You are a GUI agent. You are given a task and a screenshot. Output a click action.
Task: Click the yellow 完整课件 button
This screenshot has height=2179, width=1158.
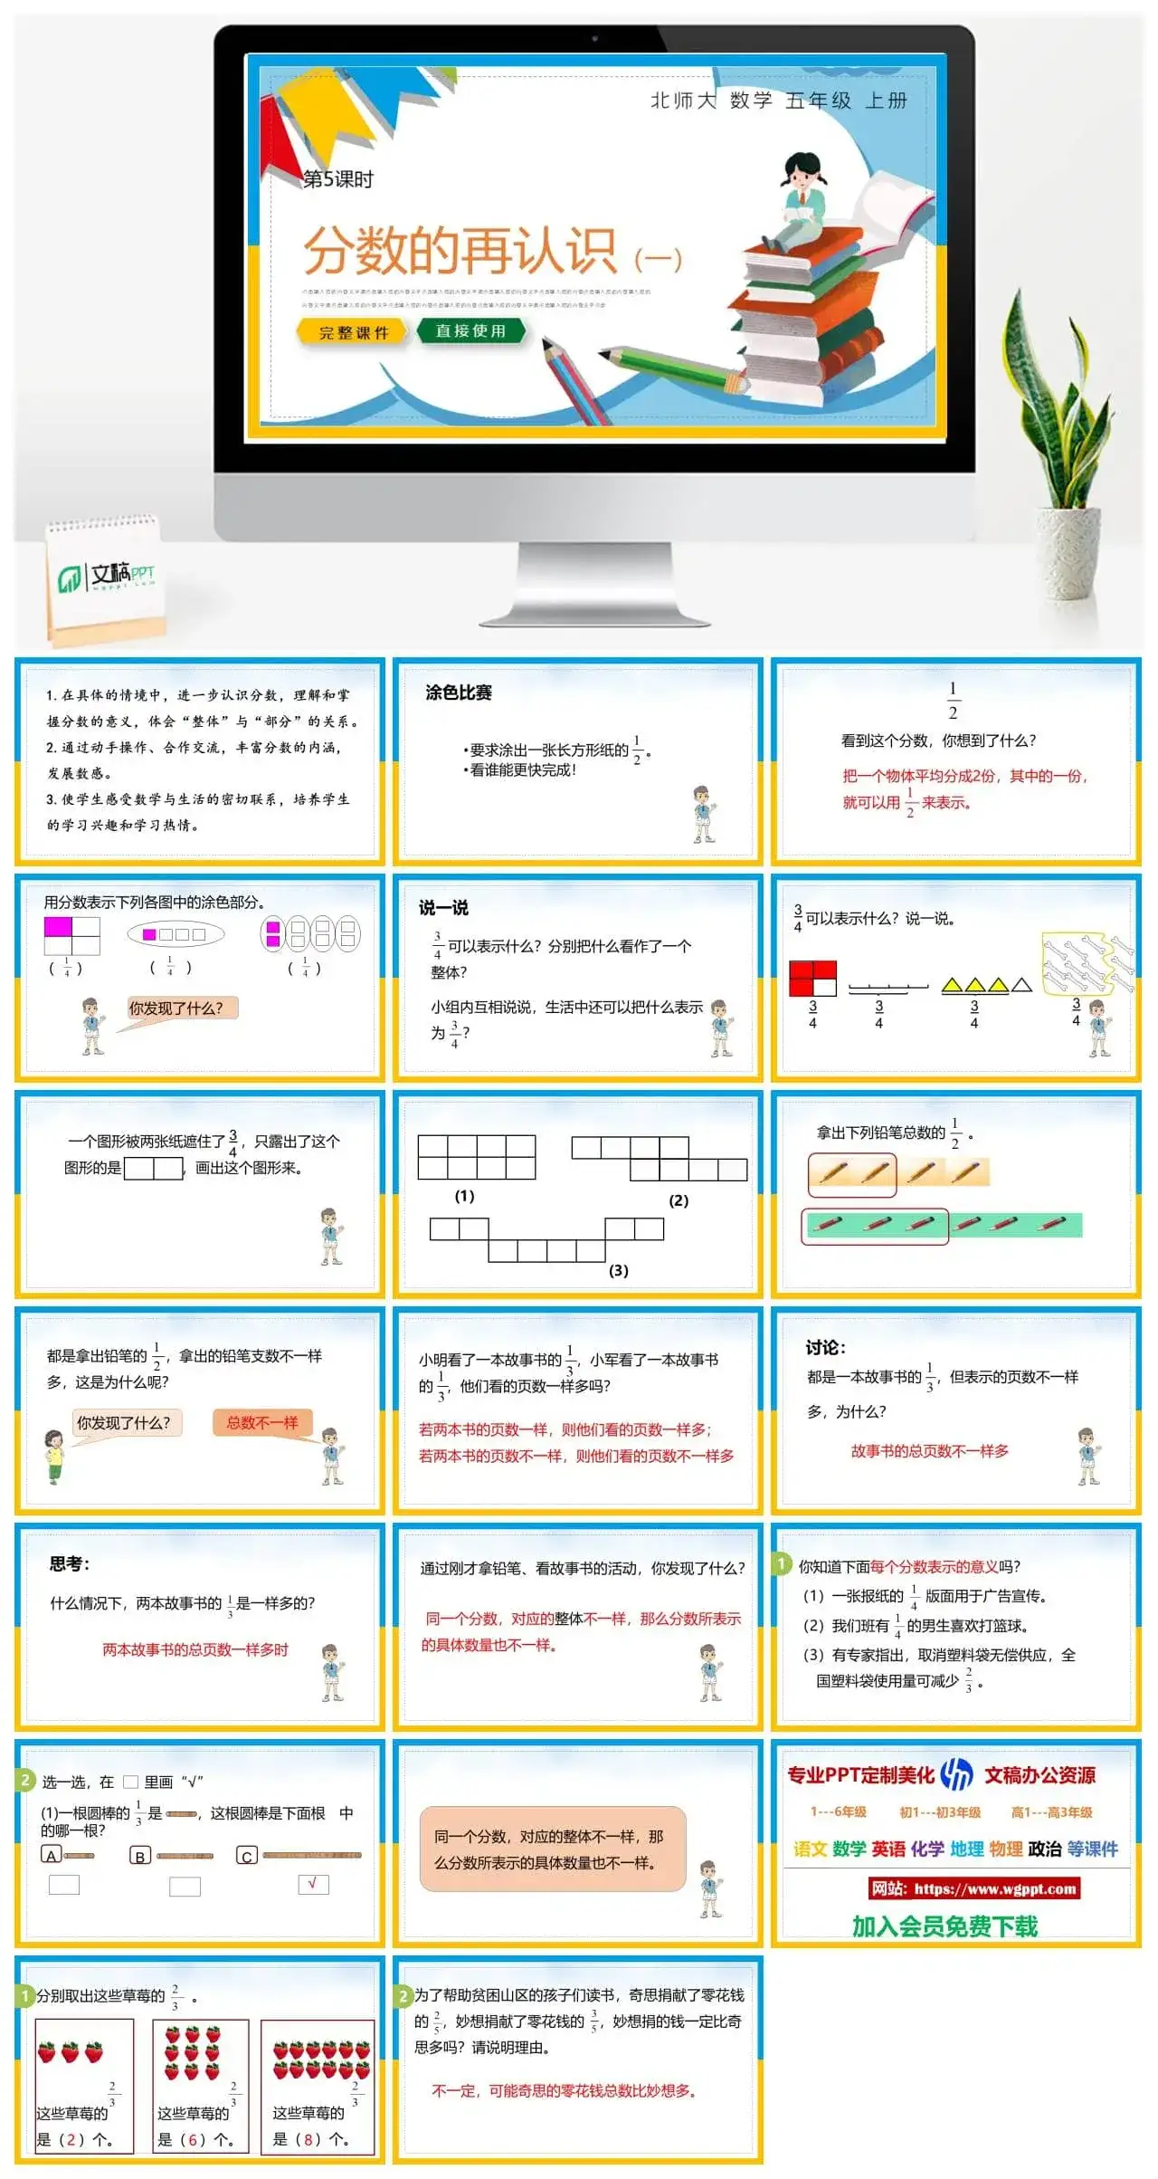tap(353, 332)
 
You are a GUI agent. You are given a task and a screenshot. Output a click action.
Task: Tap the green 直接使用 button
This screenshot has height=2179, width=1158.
tap(470, 331)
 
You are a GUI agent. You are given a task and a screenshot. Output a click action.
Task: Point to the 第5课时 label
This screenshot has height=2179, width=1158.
tap(337, 179)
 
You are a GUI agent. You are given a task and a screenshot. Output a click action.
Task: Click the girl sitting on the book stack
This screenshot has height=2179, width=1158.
tap(801, 199)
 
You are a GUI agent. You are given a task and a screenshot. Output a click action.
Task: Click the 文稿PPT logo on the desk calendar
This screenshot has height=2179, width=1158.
tap(107, 576)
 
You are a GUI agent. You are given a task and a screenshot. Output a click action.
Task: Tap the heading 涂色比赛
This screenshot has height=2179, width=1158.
tap(459, 693)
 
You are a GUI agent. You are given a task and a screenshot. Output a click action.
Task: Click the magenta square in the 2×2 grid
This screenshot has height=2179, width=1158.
tap(58, 927)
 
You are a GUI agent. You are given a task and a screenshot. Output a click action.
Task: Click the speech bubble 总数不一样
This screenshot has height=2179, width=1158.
tap(262, 1422)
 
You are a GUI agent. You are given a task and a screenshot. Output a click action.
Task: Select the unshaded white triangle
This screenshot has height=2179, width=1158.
tap(1021, 985)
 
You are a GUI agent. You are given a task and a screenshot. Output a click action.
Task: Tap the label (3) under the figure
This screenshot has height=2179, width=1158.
tap(618, 1270)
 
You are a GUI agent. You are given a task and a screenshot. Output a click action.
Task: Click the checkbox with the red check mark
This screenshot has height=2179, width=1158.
tap(313, 1884)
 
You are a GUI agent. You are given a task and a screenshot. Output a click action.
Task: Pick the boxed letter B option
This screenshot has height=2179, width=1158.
tap(139, 1856)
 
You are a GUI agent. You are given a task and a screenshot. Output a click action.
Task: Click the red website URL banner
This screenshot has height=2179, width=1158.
tap(973, 1888)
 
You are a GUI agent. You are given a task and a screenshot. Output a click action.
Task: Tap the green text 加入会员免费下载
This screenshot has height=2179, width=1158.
tap(944, 1926)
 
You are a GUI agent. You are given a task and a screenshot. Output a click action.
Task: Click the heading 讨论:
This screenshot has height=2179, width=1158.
tap(825, 1347)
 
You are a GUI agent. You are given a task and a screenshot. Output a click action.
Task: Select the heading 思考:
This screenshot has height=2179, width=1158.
tap(70, 1563)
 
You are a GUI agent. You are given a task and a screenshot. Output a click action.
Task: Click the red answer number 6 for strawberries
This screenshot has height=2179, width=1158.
tap(193, 2140)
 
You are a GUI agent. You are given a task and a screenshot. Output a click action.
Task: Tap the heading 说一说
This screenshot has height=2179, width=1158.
tap(443, 907)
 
